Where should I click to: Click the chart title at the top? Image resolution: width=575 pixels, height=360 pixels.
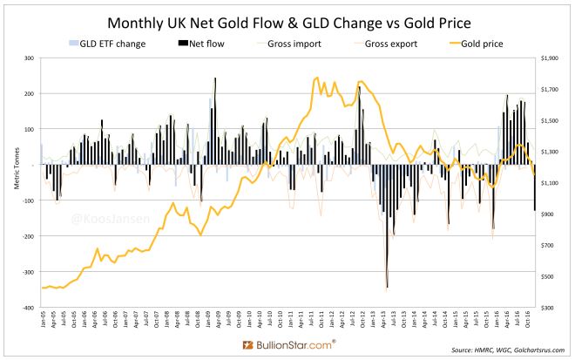point(287,20)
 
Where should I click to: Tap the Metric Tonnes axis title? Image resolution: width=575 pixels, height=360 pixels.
point(9,183)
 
